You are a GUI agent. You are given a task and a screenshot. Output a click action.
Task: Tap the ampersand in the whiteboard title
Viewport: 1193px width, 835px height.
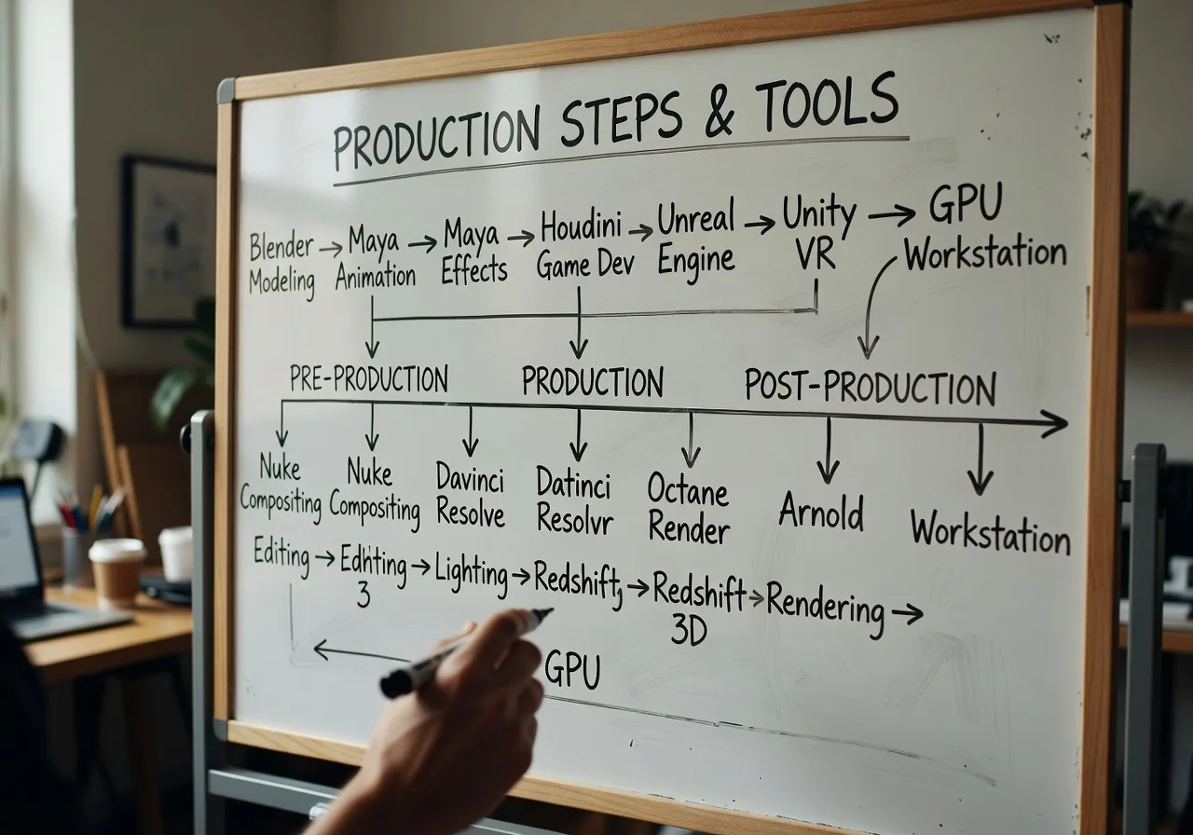tap(718, 116)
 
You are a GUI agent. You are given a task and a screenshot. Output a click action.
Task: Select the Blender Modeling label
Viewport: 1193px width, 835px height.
tap(282, 264)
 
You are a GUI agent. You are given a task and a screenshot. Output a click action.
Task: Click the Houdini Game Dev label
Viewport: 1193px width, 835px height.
tap(584, 245)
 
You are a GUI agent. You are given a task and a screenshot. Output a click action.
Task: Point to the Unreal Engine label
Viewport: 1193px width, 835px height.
tap(695, 239)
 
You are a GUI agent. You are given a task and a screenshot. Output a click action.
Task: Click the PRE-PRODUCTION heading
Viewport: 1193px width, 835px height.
tap(368, 378)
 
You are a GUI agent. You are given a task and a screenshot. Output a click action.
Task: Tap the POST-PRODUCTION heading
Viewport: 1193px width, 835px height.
tap(870, 386)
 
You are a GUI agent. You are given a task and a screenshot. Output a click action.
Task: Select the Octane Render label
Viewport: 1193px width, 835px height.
tap(689, 507)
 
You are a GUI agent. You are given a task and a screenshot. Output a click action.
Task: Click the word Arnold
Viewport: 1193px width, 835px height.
tap(821, 513)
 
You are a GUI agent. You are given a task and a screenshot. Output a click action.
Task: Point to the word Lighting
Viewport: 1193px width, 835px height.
tap(471, 571)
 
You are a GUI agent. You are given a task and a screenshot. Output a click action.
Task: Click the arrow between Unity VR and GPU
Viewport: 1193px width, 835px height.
tap(891, 215)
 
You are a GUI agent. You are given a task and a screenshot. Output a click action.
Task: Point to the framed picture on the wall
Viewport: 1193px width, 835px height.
tap(167, 240)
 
